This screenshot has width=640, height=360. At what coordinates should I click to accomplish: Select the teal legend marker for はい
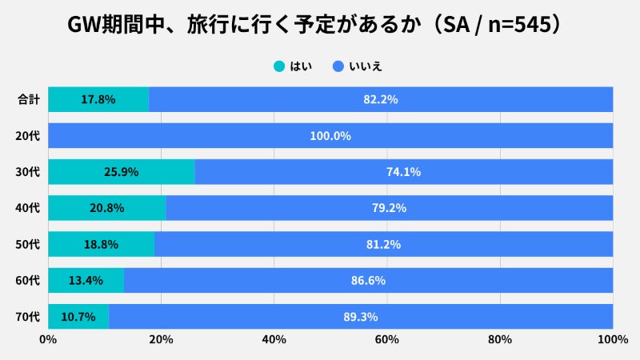coord(279,66)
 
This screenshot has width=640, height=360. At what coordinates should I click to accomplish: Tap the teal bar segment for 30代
coord(122,172)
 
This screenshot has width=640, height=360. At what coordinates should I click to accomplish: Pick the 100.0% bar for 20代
coord(330,136)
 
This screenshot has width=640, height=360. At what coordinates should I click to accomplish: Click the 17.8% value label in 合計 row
coord(98,100)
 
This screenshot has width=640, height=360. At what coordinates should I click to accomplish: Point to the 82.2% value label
coord(381,100)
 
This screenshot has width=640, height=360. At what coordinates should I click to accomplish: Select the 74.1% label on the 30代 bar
coord(404,172)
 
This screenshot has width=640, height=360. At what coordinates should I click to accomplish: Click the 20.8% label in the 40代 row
coord(106,208)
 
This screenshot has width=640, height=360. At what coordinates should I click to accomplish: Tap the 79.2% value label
coord(390,208)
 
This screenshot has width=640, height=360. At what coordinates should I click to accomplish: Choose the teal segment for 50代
coord(101,244)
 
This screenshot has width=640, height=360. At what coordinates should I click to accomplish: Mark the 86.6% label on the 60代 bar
coord(369,280)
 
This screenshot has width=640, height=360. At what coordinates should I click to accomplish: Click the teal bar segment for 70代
coord(78,316)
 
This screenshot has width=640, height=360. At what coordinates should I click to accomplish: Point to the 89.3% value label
coord(361,316)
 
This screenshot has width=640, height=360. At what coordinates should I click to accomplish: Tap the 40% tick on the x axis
coord(274,340)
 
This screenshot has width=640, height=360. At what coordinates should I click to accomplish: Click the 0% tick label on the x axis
coord(48,340)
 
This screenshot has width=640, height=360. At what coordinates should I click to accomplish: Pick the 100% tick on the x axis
coord(613,340)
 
